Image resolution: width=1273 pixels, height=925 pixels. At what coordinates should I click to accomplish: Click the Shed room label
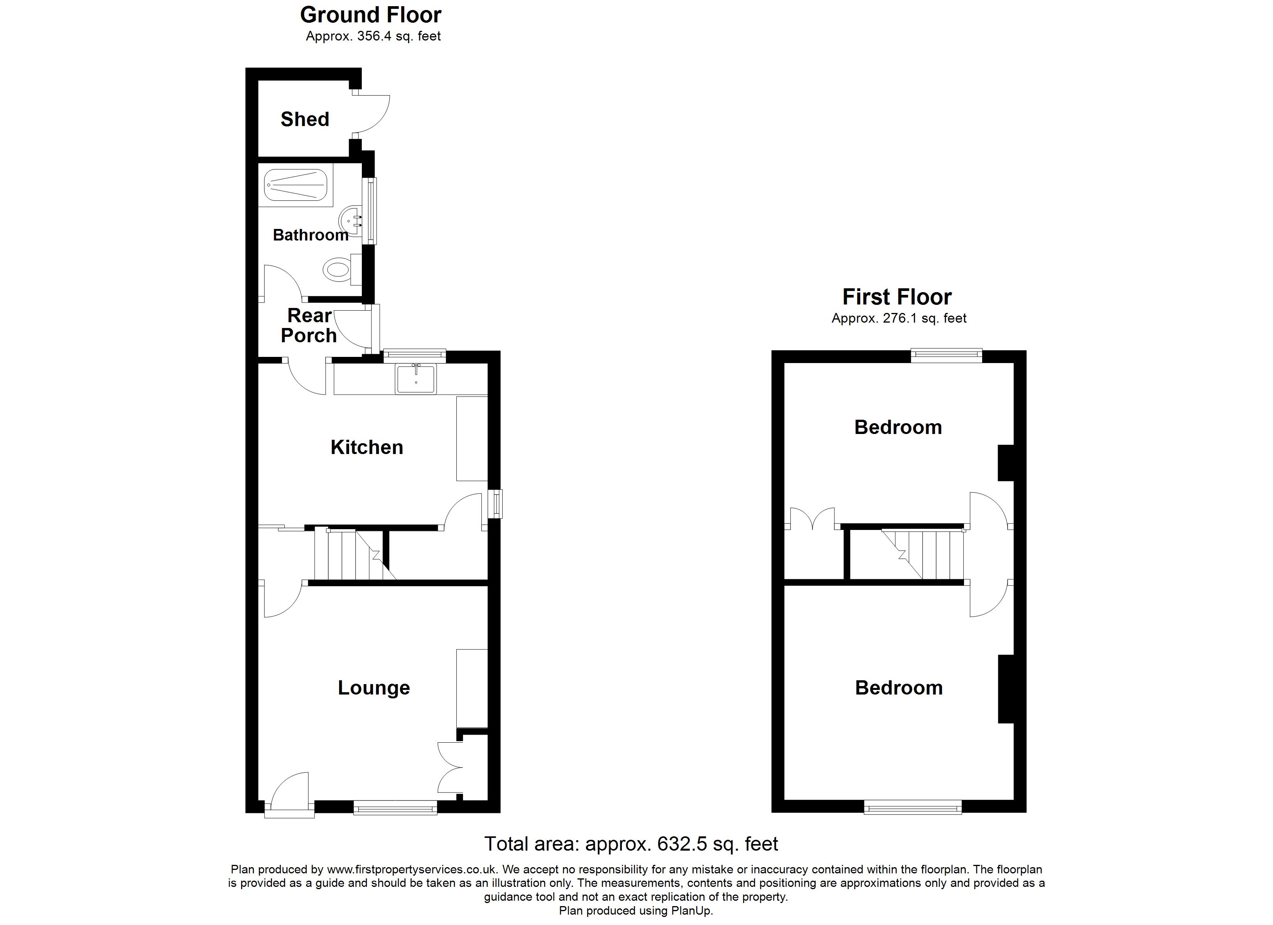305,119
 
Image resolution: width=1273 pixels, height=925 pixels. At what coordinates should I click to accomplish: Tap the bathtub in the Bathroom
296,185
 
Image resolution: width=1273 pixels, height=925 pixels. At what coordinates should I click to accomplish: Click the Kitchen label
366,447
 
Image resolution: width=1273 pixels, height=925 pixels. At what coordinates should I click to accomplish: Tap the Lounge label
374,688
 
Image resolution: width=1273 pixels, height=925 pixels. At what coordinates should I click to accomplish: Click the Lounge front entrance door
289,793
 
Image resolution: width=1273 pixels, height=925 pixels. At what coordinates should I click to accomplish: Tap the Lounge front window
395,808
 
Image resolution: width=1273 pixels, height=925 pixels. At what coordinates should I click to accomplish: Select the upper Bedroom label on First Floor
898,427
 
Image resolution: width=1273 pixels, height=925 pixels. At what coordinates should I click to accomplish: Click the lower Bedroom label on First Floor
898,688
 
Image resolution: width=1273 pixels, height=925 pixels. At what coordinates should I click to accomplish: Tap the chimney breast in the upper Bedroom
1006,463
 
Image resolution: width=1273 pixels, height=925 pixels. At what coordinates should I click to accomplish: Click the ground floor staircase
355,554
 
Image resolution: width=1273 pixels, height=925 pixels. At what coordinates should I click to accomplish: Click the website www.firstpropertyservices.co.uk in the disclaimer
412,870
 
